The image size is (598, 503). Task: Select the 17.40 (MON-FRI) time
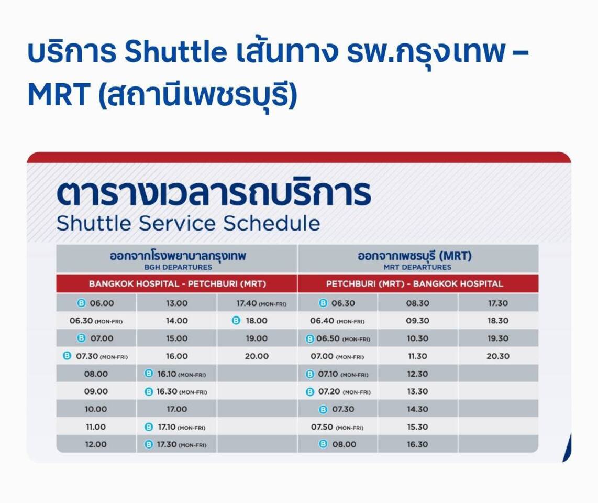pyautogui.click(x=261, y=303)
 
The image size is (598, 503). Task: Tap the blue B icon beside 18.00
pyautogui.click(x=236, y=321)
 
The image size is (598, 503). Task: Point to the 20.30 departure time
pyautogui.click(x=497, y=356)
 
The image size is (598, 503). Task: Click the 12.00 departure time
pyautogui.click(x=96, y=444)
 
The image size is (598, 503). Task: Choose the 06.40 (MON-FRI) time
pyautogui.click(x=337, y=321)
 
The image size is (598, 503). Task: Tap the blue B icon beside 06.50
pyautogui.click(x=310, y=339)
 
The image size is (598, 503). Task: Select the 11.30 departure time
pyautogui.click(x=418, y=356)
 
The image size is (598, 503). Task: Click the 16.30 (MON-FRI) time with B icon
pyautogui.click(x=176, y=391)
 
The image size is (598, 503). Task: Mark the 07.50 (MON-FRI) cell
pyautogui.click(x=337, y=427)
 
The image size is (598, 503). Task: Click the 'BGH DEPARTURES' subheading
pyautogui.click(x=178, y=267)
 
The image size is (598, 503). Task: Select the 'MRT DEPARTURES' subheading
pyautogui.click(x=417, y=267)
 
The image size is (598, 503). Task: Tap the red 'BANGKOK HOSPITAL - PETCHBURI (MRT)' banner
pyautogui.click(x=176, y=283)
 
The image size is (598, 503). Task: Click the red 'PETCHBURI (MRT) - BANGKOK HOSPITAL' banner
pyautogui.click(x=418, y=283)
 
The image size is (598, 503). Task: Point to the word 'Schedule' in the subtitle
pyautogui.click(x=272, y=223)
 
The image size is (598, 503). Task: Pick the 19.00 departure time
pyautogui.click(x=257, y=338)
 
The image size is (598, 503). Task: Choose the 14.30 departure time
pyautogui.click(x=418, y=409)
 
